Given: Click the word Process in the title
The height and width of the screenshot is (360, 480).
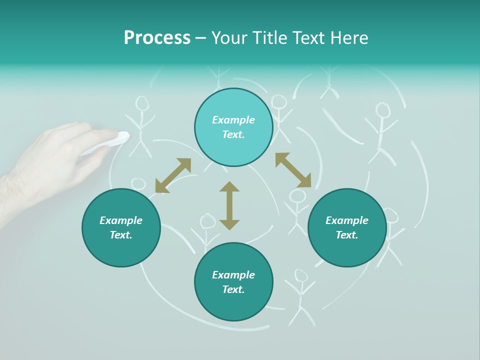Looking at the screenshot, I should pyautogui.click(x=157, y=38).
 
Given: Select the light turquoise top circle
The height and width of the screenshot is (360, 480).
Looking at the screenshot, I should pyautogui.click(x=233, y=127).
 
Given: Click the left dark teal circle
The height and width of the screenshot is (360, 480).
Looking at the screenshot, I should pyautogui.click(x=121, y=227).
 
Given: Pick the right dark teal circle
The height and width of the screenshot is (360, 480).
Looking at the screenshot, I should pyautogui.click(x=347, y=227).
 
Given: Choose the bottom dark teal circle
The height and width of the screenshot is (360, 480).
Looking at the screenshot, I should pyautogui.click(x=233, y=281).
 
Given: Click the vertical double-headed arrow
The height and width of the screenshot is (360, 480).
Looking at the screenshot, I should pyautogui.click(x=229, y=205).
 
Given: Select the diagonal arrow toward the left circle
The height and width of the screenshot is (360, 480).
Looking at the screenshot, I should pyautogui.click(x=173, y=175).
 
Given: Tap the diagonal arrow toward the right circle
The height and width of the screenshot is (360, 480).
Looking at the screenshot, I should pyautogui.click(x=293, y=170).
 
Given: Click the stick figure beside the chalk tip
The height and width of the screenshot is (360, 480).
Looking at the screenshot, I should pyautogui.click(x=141, y=125).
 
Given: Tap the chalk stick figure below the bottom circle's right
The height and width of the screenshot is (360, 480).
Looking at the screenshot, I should pyautogui.click(x=300, y=295).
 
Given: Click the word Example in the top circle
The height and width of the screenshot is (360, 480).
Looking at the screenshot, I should pyautogui.click(x=233, y=120).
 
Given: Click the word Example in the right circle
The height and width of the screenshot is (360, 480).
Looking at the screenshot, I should pyautogui.click(x=347, y=220).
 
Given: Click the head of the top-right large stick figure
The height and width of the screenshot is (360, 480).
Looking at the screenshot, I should pyautogui.click(x=382, y=110).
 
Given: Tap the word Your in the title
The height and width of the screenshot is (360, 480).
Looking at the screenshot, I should pyautogui.click(x=229, y=38).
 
